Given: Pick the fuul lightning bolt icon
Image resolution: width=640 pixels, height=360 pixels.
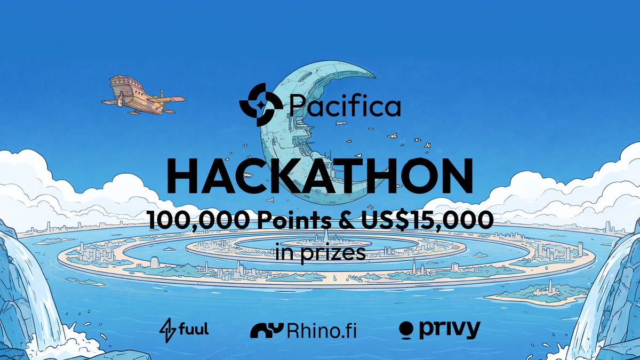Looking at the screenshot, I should (x=167, y=330).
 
